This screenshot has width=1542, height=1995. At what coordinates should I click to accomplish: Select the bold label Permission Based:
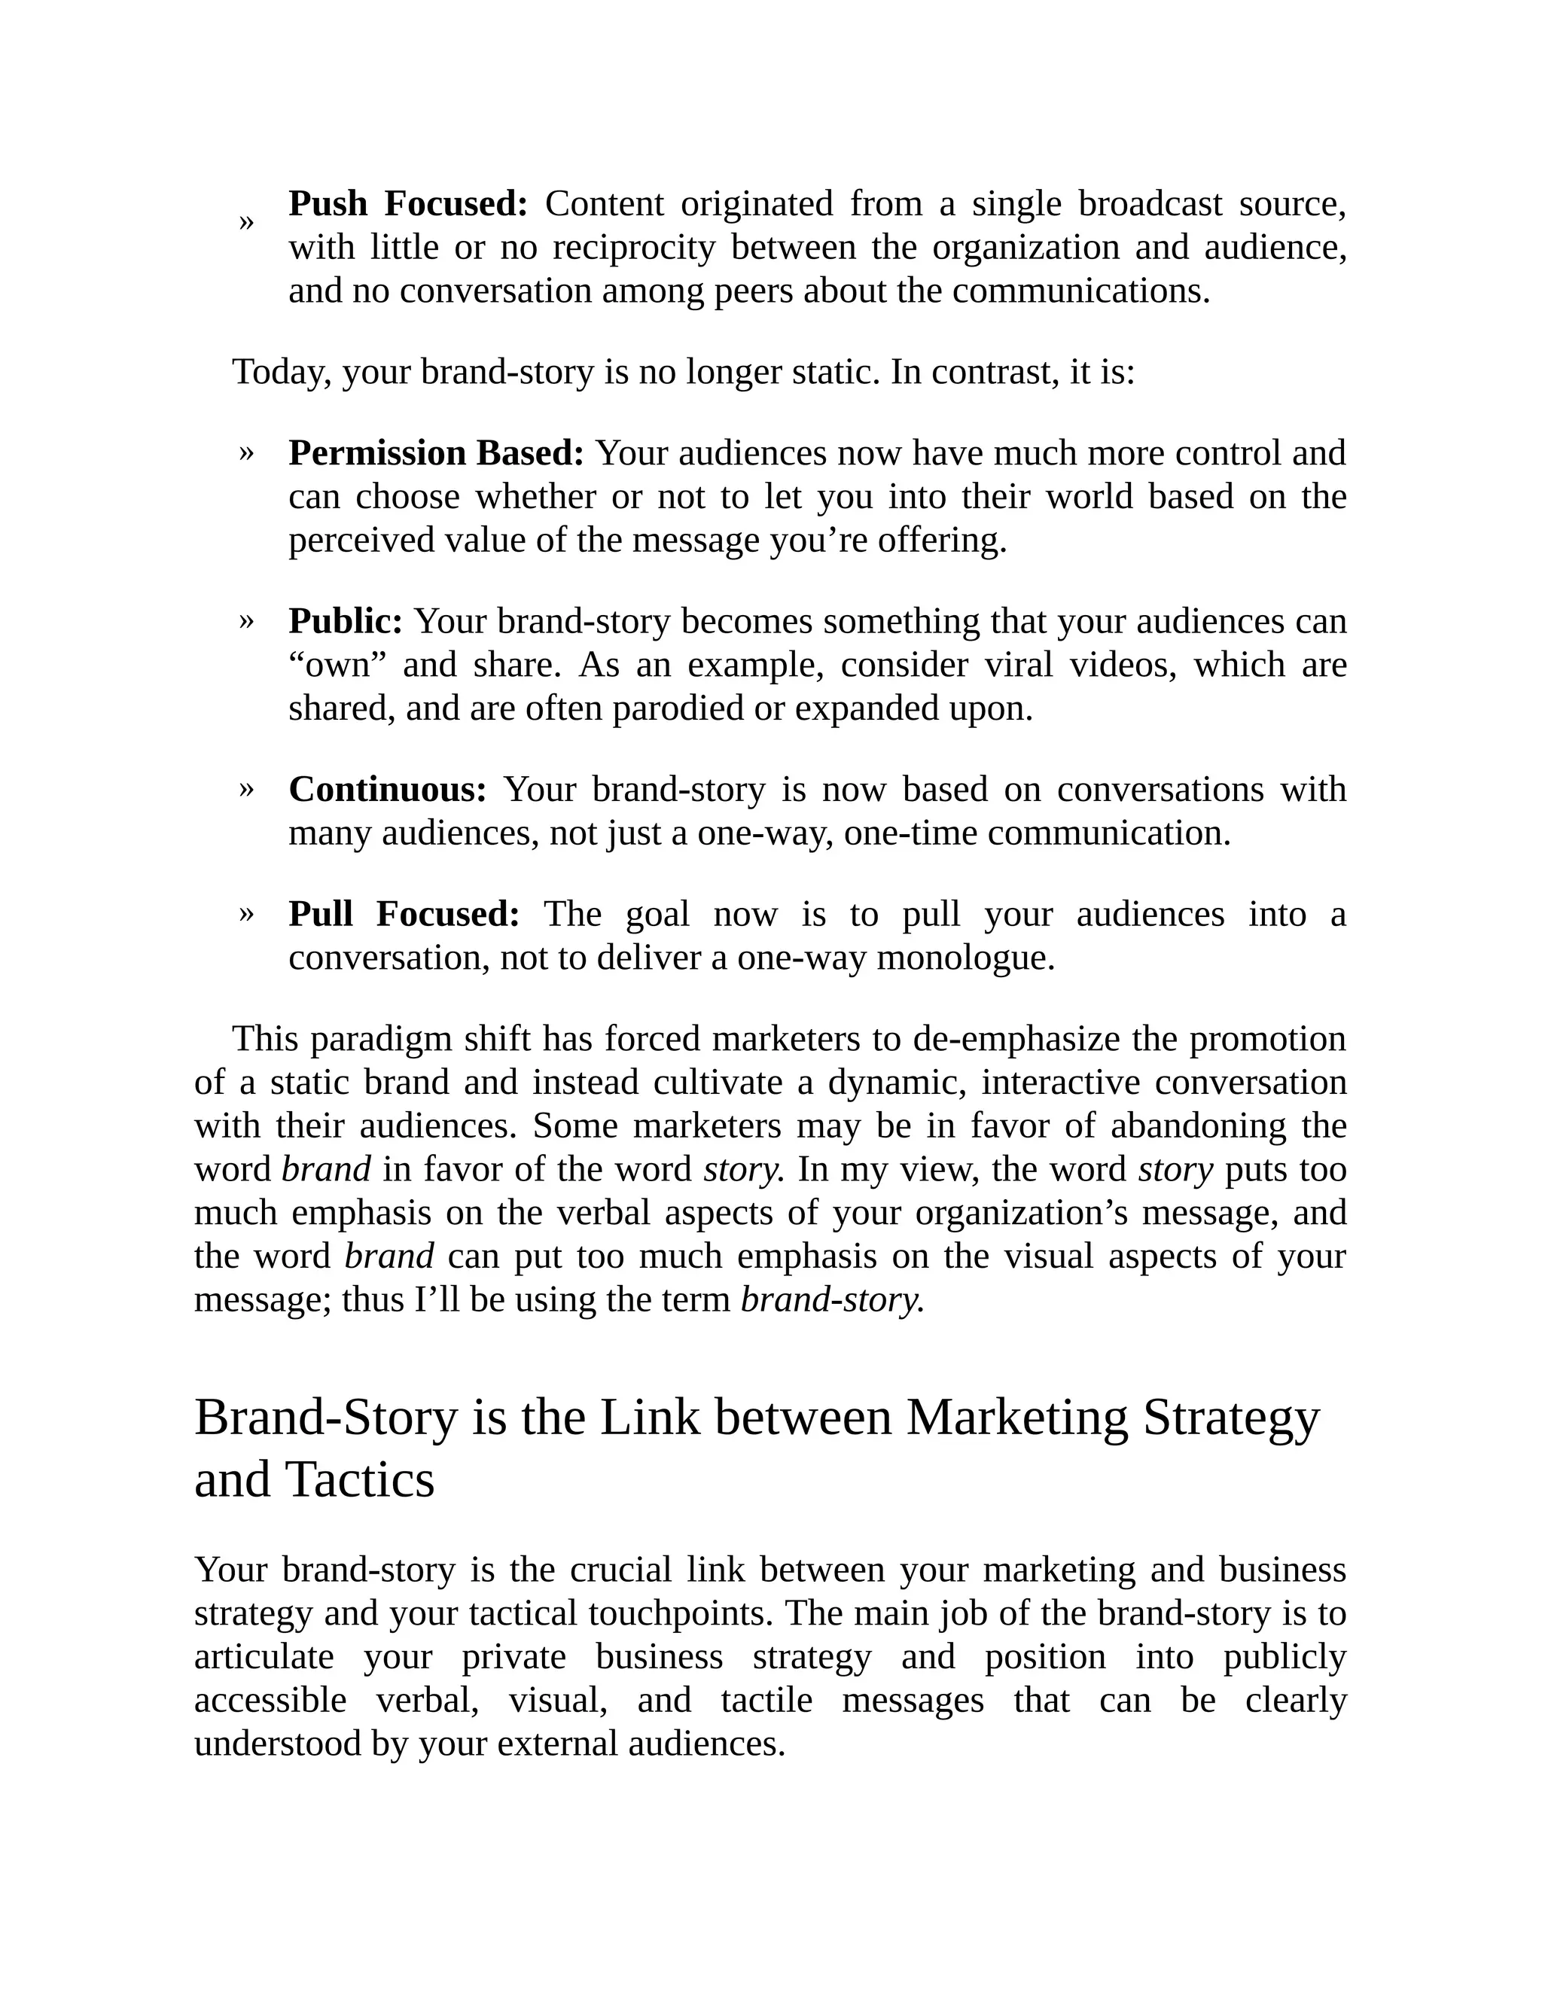tap(436, 453)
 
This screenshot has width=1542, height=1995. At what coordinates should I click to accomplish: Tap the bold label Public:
tap(346, 621)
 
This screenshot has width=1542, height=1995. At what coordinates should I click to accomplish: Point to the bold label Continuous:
tap(387, 789)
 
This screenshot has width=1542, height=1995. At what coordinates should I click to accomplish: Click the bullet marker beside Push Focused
tap(245, 222)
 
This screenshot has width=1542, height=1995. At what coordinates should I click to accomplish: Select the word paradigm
tap(382, 1040)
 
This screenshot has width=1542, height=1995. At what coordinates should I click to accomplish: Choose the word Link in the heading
tap(650, 1418)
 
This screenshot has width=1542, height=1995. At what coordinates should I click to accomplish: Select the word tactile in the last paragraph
tap(766, 1701)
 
